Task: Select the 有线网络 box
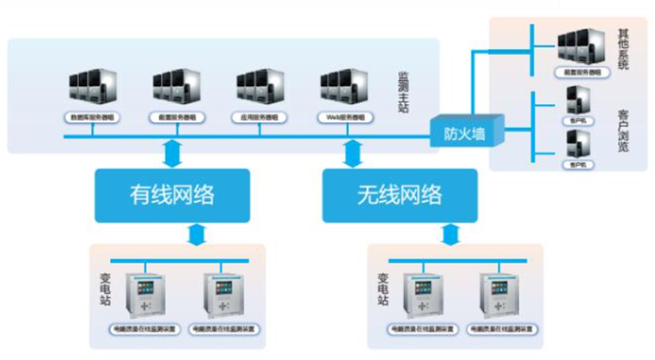pos(172,194)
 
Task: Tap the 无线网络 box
pos(397,194)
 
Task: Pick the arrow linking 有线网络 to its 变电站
pos(197,232)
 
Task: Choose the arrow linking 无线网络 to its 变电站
pos(448,232)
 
